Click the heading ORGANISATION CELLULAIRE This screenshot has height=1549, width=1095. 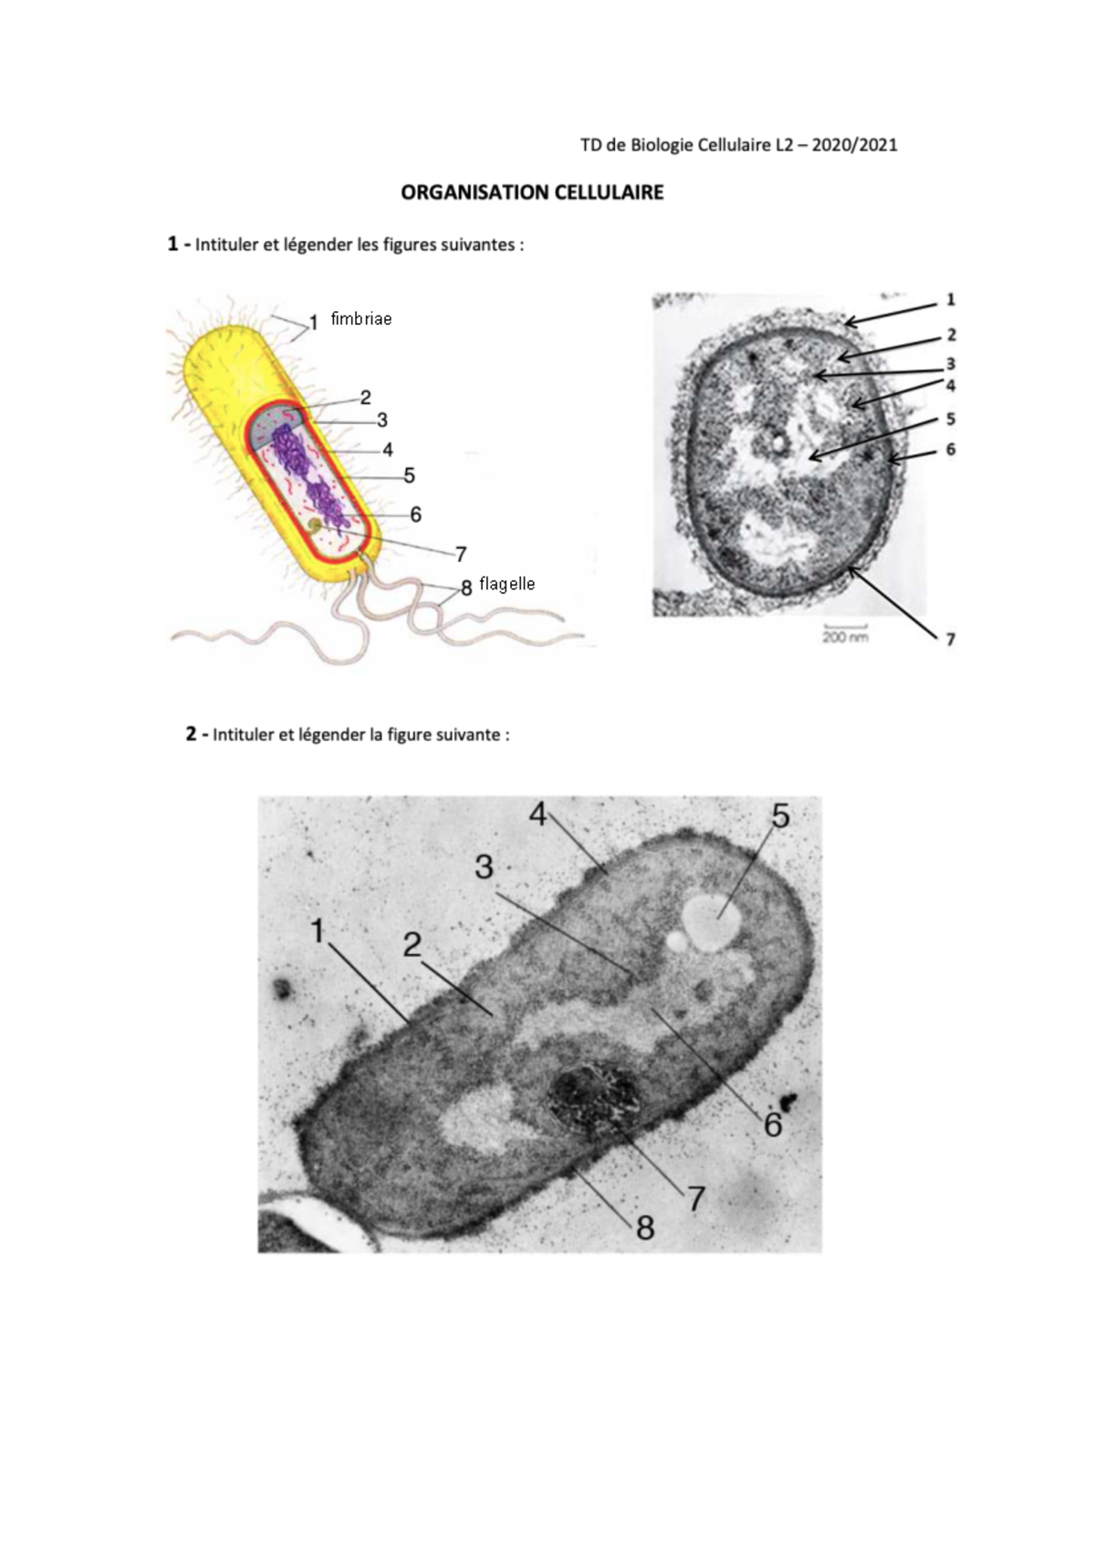point(532,192)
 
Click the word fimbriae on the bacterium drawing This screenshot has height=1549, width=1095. point(361,319)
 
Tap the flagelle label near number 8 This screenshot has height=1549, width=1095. point(507,584)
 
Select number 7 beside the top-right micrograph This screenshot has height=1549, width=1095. point(951,639)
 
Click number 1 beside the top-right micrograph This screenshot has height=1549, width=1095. point(951,299)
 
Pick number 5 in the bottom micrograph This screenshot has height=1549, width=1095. point(780,816)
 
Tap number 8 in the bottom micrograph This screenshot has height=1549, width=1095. point(645,1228)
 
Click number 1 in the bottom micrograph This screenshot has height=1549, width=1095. point(318,931)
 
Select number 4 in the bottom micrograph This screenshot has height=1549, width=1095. point(538,814)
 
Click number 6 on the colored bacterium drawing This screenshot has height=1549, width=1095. point(415,515)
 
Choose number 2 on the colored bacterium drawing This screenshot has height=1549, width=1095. point(365,398)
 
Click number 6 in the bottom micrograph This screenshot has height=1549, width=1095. point(773,1125)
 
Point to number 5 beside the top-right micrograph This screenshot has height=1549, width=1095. point(951,419)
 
